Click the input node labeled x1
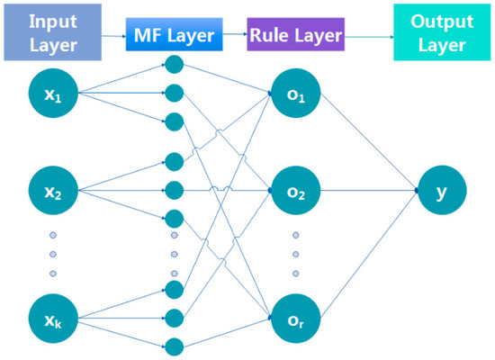pos(52,96)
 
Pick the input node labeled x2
pos(52,192)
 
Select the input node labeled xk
pos(52,320)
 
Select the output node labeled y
pos(440,192)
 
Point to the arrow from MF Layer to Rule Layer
pos(231,36)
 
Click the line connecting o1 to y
pos(364,144)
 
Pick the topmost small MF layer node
pos(174,66)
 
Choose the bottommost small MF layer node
pos(174,346)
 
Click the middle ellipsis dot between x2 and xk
pos(52,255)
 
